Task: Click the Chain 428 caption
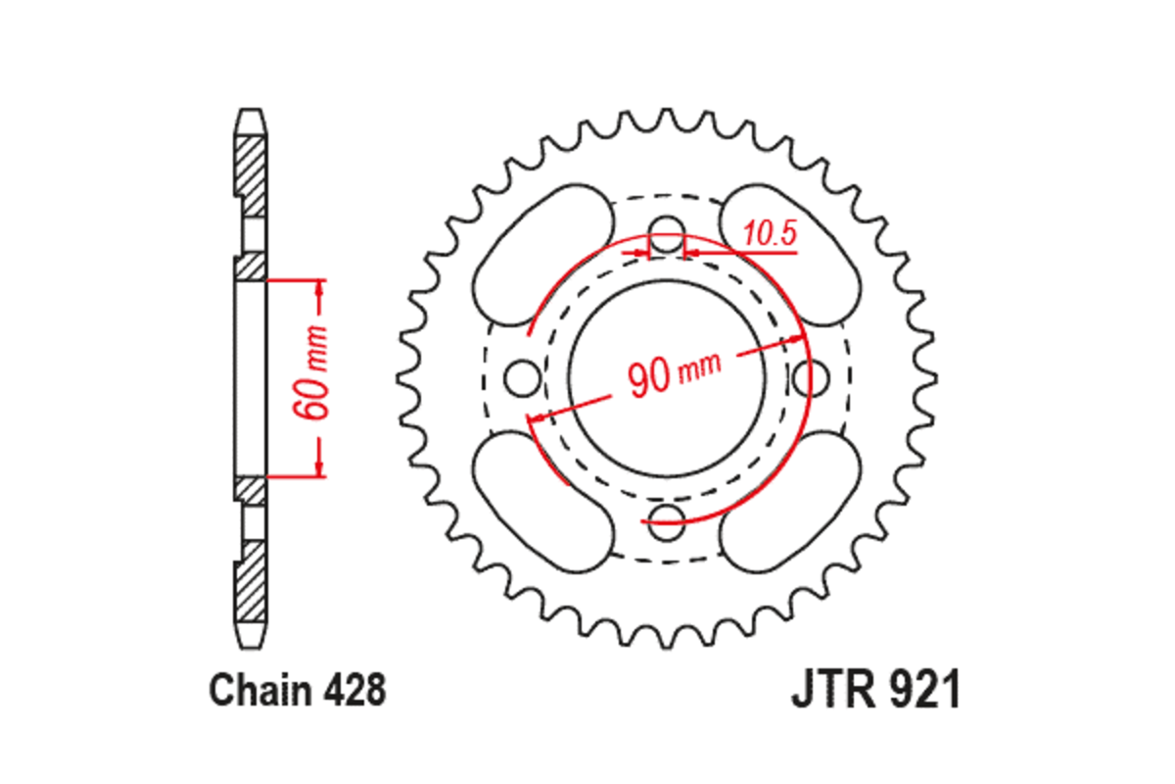click(x=297, y=691)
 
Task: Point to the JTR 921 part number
click(x=875, y=691)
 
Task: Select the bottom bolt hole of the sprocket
click(x=668, y=518)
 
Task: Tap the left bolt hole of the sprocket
click(x=523, y=377)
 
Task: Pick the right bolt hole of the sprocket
click(x=811, y=377)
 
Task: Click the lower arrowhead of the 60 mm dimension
click(x=318, y=466)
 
